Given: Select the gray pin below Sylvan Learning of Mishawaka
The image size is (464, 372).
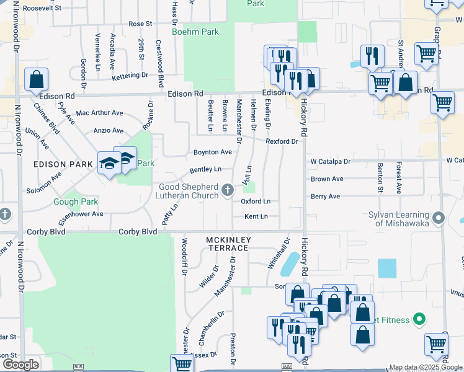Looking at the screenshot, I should (x=440, y=218).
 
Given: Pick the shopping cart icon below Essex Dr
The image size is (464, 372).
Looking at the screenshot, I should (x=182, y=365).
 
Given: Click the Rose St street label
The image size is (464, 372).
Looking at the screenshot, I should (x=140, y=24).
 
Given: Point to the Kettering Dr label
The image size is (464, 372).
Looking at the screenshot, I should (x=130, y=76).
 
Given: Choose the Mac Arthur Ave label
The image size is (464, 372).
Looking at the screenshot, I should (x=99, y=113).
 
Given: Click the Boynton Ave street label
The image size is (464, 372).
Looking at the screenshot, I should (x=213, y=152).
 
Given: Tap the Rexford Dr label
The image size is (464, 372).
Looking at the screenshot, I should (x=282, y=141).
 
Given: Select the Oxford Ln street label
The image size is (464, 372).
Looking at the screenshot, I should (x=256, y=201).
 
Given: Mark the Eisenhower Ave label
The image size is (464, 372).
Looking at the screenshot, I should (x=81, y=215).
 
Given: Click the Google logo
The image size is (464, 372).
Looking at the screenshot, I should (x=20, y=365).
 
